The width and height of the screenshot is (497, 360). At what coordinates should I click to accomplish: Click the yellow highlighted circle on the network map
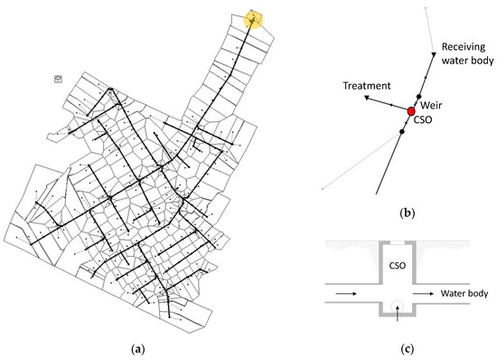[x=255, y=20]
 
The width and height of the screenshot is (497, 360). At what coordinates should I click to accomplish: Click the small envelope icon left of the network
[x=59, y=80]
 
